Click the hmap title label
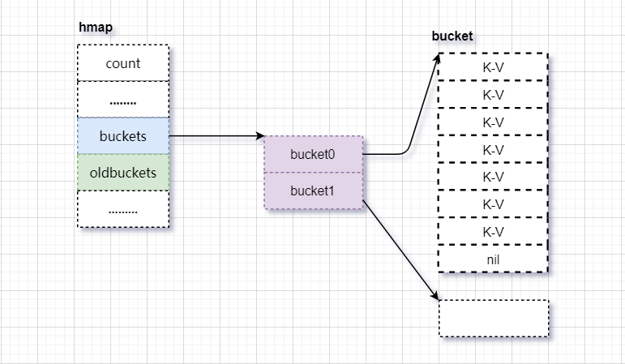tap(96, 28)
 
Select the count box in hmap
tap(123, 63)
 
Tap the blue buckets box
tap(123, 136)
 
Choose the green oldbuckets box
tap(123, 173)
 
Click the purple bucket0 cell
tap(314, 154)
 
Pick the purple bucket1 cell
tap(314, 191)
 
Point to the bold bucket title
tap(452, 36)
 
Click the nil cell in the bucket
tap(493, 259)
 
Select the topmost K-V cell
tap(493, 67)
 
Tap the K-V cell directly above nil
tap(493, 232)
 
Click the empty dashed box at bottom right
tap(494, 319)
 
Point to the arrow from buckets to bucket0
tap(216, 136)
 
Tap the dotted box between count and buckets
tap(123, 100)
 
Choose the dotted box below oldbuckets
tap(123, 209)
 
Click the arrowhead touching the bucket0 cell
tap(260, 136)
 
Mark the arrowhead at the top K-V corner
tap(438, 58)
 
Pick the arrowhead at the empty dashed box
tap(435, 295)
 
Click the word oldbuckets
tap(123, 173)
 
